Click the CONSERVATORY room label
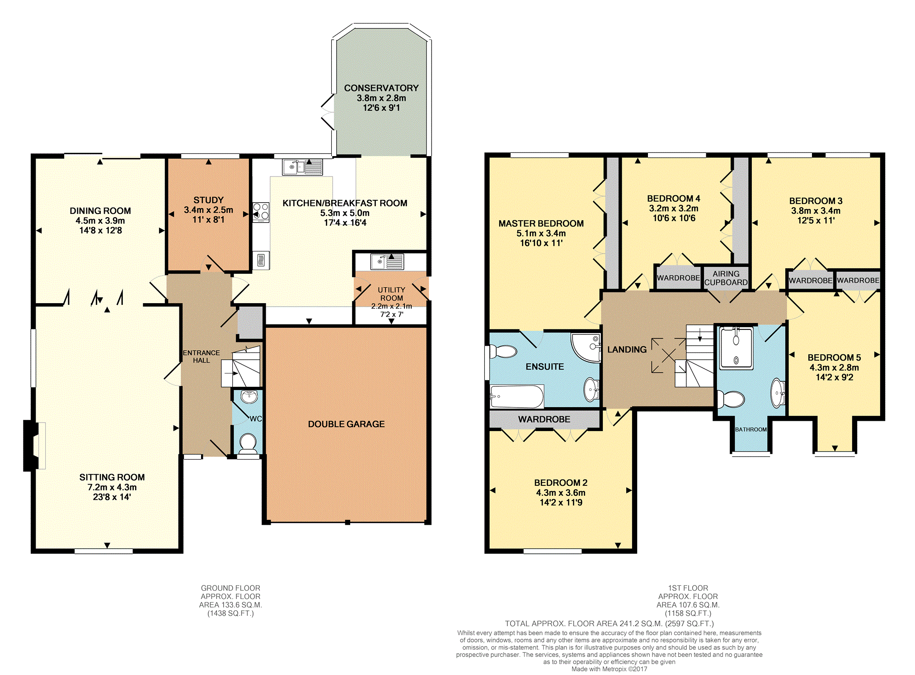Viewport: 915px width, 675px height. [381, 88]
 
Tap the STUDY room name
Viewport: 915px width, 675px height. [208, 200]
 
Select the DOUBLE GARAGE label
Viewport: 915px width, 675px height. [347, 424]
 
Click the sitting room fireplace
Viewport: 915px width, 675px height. [34, 446]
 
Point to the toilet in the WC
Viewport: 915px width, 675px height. [247, 443]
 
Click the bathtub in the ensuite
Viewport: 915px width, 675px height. [517, 396]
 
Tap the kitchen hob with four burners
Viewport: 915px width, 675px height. [261, 212]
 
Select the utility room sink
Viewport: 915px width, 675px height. [387, 261]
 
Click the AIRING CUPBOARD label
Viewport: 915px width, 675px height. [726, 278]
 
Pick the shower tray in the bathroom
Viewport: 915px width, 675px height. [737, 347]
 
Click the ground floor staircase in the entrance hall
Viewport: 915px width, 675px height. [241, 366]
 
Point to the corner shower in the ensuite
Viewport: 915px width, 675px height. [586, 347]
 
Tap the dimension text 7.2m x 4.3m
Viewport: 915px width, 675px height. [112, 487]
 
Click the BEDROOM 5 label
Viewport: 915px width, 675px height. [834, 357]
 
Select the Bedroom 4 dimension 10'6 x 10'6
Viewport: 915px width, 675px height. [674, 218]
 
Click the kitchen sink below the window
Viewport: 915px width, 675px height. [302, 167]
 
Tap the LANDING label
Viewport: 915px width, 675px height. [627, 349]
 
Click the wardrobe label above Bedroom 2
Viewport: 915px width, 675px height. [544, 419]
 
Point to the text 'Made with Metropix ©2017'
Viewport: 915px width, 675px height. [609, 669]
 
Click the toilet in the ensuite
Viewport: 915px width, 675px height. [503, 352]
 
